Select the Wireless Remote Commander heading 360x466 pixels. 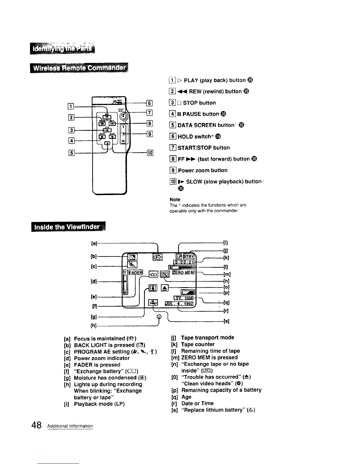[79, 69]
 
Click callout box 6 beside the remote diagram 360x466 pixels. [149, 103]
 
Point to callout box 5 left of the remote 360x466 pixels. [71, 152]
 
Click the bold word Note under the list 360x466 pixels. [175, 199]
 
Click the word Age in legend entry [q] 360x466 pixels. [186, 397]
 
